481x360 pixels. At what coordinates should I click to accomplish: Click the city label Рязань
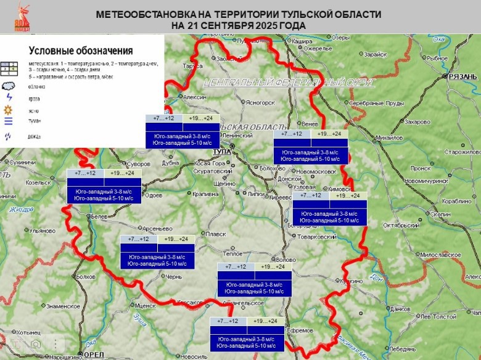(x=463, y=76)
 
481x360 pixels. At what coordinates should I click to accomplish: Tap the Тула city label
(x=221, y=151)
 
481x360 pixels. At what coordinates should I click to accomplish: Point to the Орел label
(x=94, y=354)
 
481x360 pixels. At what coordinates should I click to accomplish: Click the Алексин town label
(x=195, y=97)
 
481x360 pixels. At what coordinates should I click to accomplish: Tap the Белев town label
(x=99, y=217)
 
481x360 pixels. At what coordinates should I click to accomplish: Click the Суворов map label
(x=140, y=164)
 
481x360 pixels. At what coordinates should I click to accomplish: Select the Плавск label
(x=217, y=234)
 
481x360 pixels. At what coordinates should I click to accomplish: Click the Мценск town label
(x=146, y=305)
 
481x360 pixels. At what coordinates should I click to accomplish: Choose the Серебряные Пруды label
(x=376, y=103)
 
